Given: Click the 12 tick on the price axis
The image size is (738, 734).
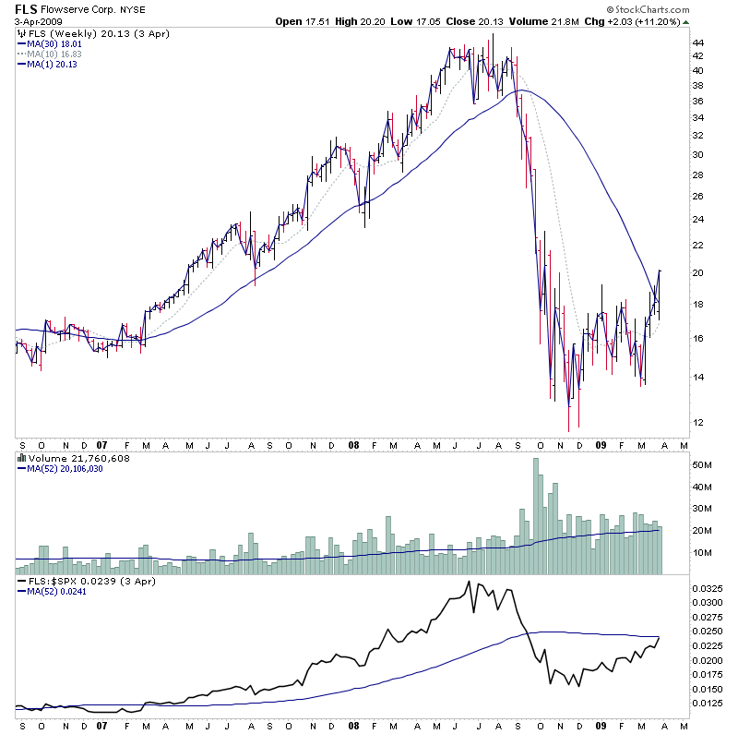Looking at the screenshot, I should (x=698, y=423).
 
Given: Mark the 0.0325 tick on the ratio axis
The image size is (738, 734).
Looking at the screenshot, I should (x=707, y=588).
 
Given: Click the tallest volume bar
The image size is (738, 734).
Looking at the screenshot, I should (x=536, y=517).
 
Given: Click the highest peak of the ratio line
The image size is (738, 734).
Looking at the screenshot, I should (x=469, y=582).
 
